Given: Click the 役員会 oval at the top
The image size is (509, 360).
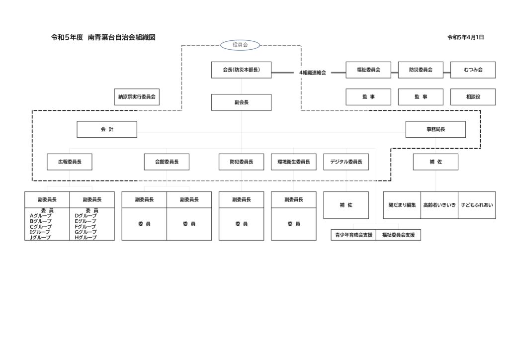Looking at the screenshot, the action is click(x=240, y=45).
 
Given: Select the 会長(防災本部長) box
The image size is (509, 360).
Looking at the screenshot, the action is click(x=241, y=70).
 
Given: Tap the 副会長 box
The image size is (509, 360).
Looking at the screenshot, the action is click(x=241, y=102).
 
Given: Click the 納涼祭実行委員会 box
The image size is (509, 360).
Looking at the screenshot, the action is click(x=137, y=97).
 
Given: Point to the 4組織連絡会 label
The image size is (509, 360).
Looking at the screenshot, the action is click(x=312, y=73).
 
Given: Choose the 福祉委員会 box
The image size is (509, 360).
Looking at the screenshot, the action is click(x=368, y=70).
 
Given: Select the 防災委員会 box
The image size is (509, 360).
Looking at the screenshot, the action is click(x=421, y=70).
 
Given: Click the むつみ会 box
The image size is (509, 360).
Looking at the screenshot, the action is click(x=473, y=70).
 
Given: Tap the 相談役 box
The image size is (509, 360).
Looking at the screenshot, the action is click(x=473, y=97).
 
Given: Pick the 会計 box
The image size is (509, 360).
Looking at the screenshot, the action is click(x=107, y=129).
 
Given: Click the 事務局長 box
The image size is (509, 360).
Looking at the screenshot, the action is click(x=435, y=129).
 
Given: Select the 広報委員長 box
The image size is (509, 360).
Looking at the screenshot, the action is click(x=70, y=162).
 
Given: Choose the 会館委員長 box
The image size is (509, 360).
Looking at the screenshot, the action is click(x=167, y=162).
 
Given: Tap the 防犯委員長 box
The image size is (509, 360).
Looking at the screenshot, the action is click(x=241, y=162).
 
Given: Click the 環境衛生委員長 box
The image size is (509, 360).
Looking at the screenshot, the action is click(x=294, y=162).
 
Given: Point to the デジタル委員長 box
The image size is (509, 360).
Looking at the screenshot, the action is click(x=346, y=162).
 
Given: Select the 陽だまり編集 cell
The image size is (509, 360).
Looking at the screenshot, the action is click(x=402, y=205).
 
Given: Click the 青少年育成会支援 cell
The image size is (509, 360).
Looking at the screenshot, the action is click(x=353, y=235).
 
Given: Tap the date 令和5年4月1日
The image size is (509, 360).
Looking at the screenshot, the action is click(x=465, y=37).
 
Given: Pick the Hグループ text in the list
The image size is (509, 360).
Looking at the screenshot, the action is click(x=85, y=237).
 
